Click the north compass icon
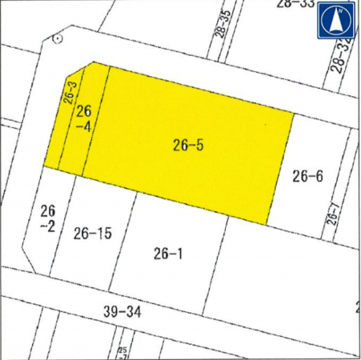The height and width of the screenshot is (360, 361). (x=336, y=21)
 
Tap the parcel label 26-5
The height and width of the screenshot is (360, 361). (x=189, y=145)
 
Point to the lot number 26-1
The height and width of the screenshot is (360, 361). (x=168, y=254)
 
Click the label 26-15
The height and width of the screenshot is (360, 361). (x=92, y=234)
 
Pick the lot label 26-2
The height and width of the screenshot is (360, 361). (x=47, y=218)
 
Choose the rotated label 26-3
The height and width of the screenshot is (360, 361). (x=70, y=92)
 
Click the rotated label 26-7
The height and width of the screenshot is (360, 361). (x=333, y=215)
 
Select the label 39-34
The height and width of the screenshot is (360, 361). (x=122, y=310)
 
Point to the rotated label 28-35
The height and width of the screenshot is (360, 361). (x=223, y=26)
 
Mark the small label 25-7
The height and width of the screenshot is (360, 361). (x=122, y=353)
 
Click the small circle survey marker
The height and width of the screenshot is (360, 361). (x=57, y=38)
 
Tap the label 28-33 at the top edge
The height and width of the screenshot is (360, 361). (x=295, y=4)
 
